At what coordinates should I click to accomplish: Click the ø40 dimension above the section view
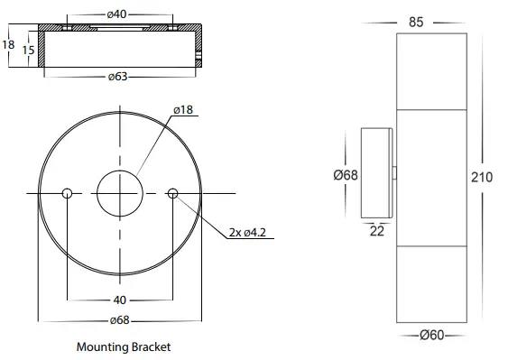pos(116,14)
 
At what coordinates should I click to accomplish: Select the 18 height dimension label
pos(8,44)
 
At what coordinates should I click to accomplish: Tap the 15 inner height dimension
pos(28,51)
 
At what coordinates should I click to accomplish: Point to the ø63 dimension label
pos(118,77)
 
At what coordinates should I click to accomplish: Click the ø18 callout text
pos(183,110)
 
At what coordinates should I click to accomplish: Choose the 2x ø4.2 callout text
pos(247,233)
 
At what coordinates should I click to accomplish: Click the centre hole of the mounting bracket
pos(120,193)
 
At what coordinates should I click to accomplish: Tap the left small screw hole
pos(67,193)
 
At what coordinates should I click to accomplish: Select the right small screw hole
pos(172,193)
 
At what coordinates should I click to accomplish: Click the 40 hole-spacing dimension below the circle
pos(119,300)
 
